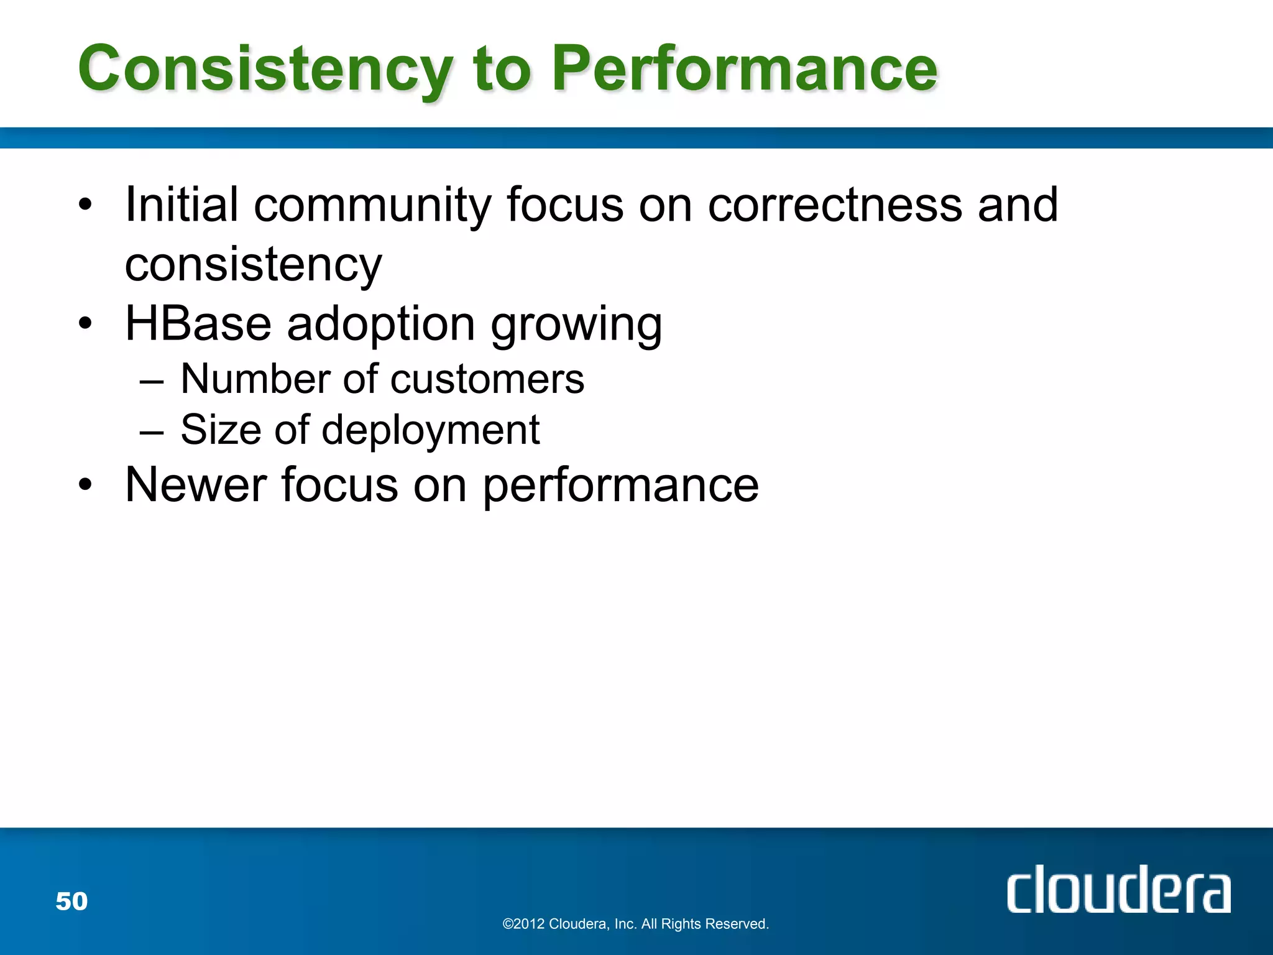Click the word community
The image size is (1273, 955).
pos(372,206)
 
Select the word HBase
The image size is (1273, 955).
pos(198,324)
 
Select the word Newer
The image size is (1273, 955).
pos(195,485)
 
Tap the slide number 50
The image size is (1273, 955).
pos(71,901)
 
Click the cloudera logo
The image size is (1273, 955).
pos(1118,889)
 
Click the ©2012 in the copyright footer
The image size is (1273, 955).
pos(523,924)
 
